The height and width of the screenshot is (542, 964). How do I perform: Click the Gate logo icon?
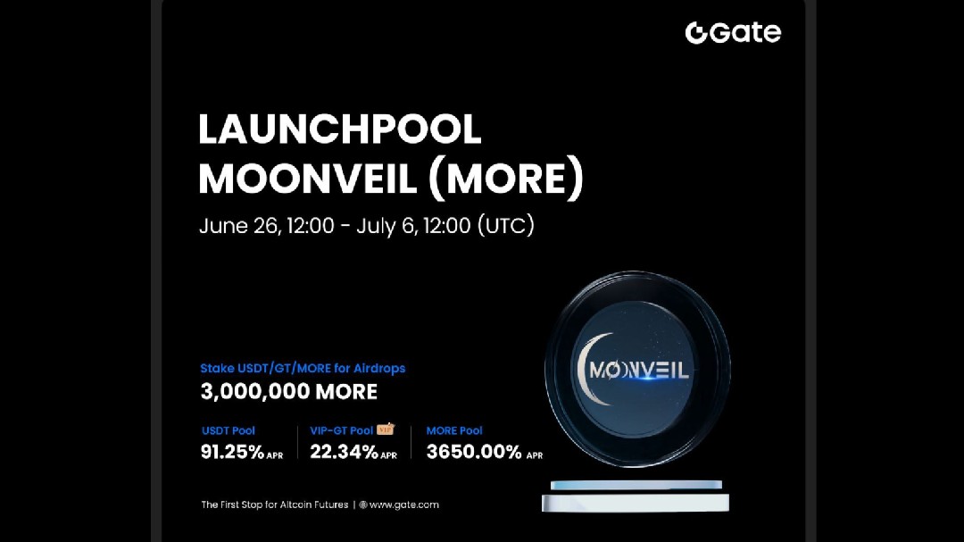696,33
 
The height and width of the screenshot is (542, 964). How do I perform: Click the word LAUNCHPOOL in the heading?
339,129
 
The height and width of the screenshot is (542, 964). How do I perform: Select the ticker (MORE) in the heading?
505,179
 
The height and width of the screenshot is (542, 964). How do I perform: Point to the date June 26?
238,226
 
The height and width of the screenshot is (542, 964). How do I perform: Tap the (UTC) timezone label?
506,225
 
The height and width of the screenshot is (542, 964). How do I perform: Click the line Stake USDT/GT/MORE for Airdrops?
303,369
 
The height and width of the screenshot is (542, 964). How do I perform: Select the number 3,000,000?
254,392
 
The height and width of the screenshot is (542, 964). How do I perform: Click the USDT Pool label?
229,430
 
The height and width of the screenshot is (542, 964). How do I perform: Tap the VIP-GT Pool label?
341,430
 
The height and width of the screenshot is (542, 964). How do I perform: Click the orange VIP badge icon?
386,429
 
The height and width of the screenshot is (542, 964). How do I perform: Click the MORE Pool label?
454,430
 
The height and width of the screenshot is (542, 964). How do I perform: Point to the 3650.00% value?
474,452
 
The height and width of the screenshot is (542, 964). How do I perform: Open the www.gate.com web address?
404,505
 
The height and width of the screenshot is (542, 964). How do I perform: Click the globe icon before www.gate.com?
363,505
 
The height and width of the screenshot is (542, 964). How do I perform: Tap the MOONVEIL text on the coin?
639,370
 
